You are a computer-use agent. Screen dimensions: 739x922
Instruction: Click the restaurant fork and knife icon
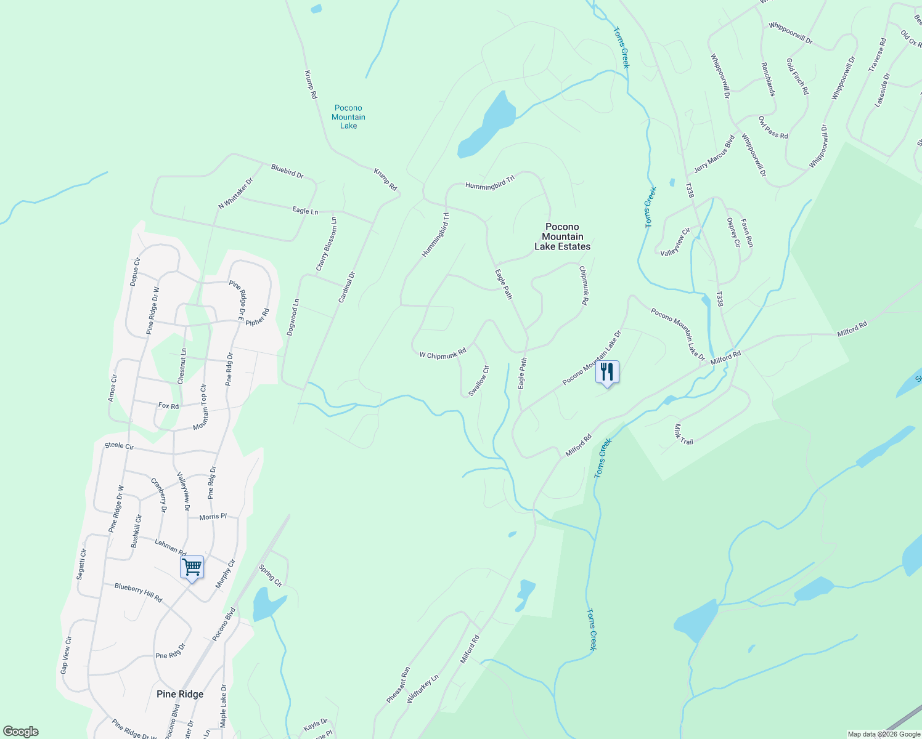click(607, 372)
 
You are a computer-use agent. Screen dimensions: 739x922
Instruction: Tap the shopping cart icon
click(192, 567)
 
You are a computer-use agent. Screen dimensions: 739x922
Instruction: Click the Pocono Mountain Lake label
click(348, 117)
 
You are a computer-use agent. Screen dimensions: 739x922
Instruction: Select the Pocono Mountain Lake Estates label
click(562, 237)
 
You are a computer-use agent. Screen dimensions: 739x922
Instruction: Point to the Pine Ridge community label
click(180, 694)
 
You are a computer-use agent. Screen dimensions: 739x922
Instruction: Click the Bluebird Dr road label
click(287, 171)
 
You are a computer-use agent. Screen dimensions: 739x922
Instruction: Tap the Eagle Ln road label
click(305, 211)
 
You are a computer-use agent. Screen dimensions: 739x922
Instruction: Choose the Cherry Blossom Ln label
click(326, 244)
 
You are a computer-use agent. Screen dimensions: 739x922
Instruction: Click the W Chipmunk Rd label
click(443, 355)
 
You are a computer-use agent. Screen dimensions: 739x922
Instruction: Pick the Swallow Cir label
click(479, 381)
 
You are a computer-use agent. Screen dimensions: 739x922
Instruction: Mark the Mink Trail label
click(683, 434)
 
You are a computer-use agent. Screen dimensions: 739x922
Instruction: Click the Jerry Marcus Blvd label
click(714, 154)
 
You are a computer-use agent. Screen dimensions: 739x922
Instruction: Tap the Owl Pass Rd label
click(773, 127)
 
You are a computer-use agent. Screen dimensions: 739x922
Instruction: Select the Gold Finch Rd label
click(798, 76)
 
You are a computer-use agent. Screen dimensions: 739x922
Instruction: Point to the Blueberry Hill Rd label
click(138, 592)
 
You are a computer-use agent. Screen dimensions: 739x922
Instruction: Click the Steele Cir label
click(119, 446)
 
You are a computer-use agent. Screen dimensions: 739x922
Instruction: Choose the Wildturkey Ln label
click(423, 689)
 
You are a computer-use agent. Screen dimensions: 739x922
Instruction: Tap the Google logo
click(20, 731)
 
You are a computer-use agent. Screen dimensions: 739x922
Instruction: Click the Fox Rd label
click(168, 406)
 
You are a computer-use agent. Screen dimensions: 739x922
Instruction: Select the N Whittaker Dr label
click(236, 193)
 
